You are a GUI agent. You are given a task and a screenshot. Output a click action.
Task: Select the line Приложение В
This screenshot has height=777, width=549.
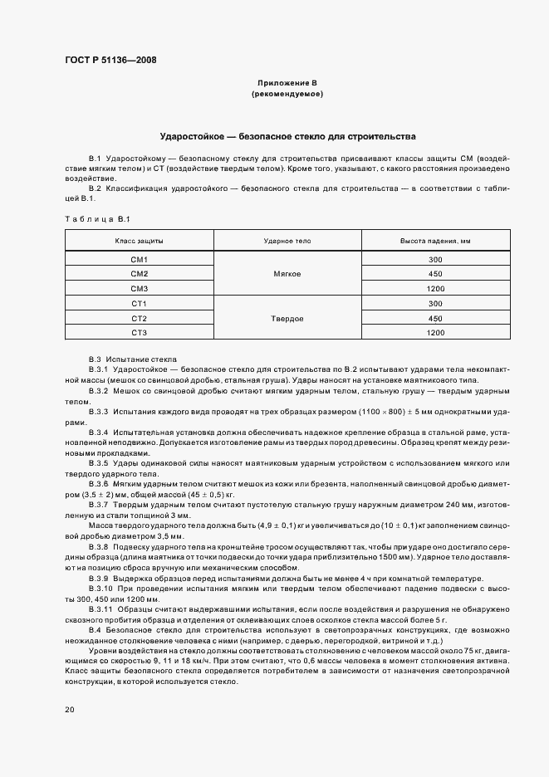(x=287, y=84)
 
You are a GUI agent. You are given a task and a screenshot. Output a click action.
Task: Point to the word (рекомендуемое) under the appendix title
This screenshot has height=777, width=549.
(x=287, y=94)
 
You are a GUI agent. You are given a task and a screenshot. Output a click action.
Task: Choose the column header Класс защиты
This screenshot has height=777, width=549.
(x=139, y=240)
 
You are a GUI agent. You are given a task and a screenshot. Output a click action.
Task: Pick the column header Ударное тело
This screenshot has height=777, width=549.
(x=287, y=240)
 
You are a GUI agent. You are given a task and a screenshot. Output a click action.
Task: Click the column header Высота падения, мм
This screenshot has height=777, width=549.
(x=435, y=240)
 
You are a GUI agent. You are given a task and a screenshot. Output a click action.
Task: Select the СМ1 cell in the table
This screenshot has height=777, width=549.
(x=139, y=260)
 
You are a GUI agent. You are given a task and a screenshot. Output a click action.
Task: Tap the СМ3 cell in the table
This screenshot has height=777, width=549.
(x=139, y=288)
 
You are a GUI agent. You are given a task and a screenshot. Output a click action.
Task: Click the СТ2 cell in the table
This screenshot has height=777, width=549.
(x=139, y=318)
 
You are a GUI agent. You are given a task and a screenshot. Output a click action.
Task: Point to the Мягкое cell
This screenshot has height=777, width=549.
(x=287, y=274)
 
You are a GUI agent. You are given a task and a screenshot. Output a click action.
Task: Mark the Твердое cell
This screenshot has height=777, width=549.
(x=287, y=318)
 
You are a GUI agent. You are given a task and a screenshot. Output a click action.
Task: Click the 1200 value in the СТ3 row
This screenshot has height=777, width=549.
(x=435, y=332)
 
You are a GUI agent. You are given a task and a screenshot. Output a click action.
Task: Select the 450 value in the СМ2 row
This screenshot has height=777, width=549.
(x=435, y=274)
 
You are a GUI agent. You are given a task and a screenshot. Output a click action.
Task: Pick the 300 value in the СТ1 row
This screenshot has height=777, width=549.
(x=435, y=304)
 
